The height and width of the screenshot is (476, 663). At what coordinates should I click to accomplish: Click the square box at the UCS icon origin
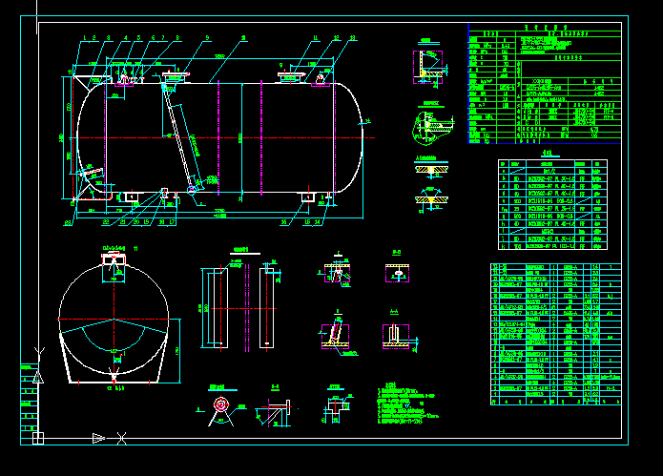(x=38, y=438)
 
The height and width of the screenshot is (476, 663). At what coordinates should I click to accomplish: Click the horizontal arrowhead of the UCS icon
(x=97, y=438)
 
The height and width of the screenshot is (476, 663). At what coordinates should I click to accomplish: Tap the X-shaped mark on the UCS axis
(x=121, y=438)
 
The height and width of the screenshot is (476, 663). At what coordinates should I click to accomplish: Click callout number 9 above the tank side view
(x=207, y=37)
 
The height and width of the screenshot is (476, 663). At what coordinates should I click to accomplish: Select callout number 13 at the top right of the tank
(x=353, y=37)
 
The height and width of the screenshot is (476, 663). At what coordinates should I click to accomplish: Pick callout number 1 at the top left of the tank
(x=85, y=37)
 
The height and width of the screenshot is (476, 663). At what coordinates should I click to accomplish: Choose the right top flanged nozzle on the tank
(x=289, y=75)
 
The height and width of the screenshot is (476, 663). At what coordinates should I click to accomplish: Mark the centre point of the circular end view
(x=114, y=319)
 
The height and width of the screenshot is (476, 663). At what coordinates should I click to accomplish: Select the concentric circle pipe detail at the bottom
(x=221, y=405)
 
